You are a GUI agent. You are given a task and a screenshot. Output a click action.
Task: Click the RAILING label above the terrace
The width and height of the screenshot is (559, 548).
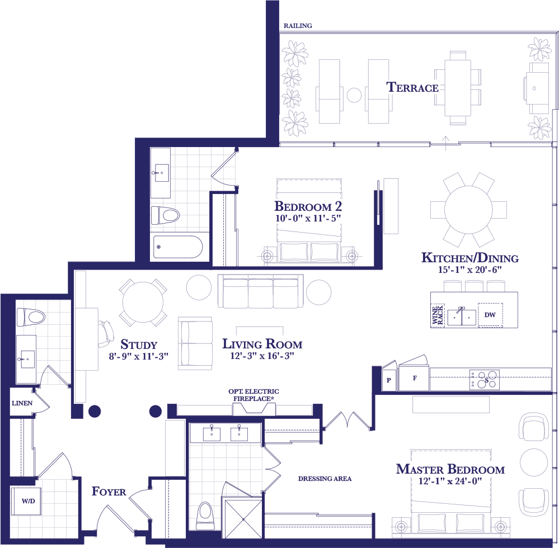[298, 26]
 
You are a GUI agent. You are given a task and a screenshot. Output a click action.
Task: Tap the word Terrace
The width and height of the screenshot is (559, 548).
[412, 87]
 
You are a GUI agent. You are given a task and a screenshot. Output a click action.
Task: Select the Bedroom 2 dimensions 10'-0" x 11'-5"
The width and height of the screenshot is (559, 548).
[308, 218]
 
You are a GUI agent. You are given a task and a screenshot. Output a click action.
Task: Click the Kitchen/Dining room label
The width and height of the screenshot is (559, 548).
[470, 258]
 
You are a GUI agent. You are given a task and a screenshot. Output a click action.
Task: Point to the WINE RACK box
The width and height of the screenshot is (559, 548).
[438, 315]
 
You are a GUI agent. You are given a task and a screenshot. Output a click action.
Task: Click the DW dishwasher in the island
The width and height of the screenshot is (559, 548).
[490, 315]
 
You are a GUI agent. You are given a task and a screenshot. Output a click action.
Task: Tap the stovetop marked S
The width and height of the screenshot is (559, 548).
[485, 380]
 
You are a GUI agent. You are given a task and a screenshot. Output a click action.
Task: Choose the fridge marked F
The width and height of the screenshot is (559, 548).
[414, 378]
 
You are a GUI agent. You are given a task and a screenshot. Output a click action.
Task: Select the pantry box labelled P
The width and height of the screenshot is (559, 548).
[388, 380]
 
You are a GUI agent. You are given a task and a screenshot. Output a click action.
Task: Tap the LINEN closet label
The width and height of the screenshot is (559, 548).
[22, 403]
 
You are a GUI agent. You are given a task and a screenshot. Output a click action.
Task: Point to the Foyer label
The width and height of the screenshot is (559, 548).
[109, 492]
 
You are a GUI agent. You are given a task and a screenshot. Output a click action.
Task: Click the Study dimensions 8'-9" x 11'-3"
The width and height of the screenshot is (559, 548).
[138, 356]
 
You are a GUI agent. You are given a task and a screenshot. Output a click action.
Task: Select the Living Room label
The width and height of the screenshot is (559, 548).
[262, 344]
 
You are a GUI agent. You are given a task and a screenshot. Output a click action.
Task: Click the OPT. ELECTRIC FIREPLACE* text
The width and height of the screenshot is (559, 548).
[253, 395]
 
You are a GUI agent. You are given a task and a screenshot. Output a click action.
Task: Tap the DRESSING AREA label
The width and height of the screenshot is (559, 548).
[325, 479]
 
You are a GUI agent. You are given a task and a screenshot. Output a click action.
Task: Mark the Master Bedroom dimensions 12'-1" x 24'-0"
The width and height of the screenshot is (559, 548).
[450, 481]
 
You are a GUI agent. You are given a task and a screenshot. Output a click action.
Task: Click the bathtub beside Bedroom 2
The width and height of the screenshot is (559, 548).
[178, 247]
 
